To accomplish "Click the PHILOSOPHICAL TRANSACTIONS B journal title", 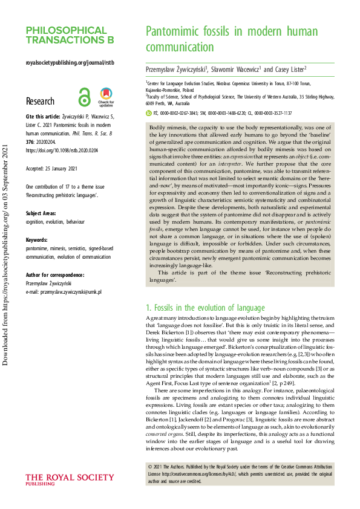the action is point(70,35).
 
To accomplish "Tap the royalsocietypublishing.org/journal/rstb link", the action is point(70,62).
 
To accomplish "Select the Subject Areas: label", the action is point(41,214).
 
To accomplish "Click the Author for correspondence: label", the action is point(55,274).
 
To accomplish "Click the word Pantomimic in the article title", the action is point(173,31).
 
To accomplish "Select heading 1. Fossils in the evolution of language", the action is point(206,308).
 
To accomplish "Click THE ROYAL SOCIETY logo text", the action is point(64,478).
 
